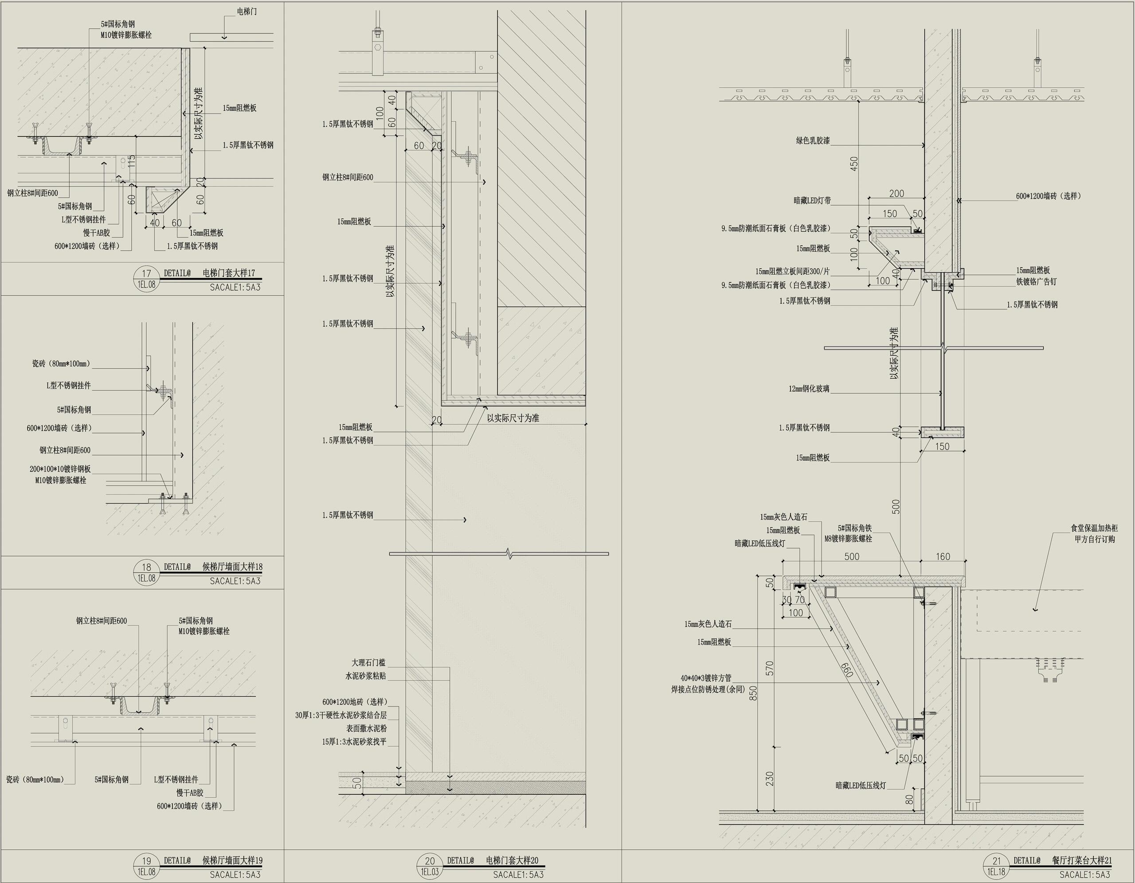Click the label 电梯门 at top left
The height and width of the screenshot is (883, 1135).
[247, 12]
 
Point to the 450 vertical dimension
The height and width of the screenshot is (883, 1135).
[854, 164]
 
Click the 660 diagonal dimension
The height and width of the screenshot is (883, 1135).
[846, 670]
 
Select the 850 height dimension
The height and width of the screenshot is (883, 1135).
[753, 693]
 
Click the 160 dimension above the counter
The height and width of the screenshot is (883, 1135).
[943, 557]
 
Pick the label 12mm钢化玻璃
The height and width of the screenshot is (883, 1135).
[809, 388]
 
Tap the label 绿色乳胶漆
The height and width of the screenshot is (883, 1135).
[813, 141]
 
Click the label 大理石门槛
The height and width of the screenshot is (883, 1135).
[368, 663]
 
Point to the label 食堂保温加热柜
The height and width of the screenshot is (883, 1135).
[1094, 528]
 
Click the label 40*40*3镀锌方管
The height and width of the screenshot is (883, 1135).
[706, 678]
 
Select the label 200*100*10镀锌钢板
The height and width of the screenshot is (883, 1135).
[60, 469]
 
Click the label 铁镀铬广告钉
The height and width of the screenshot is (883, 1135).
[1036, 281]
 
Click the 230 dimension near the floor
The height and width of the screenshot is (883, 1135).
[770, 778]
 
